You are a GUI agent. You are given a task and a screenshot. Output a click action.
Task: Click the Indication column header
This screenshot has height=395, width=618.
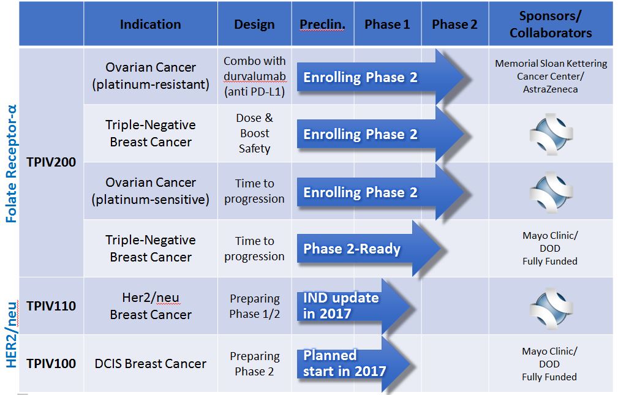150,24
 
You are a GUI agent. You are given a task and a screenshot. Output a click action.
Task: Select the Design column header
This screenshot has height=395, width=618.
254,24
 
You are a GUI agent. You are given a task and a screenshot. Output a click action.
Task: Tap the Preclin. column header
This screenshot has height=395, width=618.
322,24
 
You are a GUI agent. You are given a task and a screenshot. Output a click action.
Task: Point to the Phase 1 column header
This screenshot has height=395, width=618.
387,24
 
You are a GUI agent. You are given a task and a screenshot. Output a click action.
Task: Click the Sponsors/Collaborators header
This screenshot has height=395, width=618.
551,24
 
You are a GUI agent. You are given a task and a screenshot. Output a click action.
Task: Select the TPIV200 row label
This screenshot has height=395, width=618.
51,162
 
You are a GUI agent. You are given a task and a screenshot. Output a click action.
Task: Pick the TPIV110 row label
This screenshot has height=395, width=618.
51,306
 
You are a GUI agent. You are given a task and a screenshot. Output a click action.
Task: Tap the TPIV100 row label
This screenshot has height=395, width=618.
51,364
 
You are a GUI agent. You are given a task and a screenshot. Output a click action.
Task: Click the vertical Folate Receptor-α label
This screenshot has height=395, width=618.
12,164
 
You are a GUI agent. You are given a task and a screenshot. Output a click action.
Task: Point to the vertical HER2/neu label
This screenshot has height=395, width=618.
12,335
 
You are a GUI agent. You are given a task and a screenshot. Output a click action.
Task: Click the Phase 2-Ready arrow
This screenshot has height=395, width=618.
371,249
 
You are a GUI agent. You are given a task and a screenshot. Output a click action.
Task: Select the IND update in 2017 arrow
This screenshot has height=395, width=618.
355,306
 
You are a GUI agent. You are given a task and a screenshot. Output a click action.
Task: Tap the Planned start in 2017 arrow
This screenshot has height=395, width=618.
355,364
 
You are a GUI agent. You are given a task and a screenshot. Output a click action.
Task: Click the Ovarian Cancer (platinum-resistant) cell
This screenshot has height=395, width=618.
151,76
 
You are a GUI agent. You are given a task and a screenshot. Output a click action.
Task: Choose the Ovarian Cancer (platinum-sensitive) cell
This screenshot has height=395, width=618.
151,191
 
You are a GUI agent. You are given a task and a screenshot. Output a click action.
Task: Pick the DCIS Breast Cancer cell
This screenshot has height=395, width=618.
151,364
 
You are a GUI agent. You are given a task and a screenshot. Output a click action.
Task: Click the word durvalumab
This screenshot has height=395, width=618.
255,76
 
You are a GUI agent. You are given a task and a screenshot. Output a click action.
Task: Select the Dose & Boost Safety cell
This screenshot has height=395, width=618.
255,134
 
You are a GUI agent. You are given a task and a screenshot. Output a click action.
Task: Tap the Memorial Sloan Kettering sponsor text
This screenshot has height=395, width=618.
551,76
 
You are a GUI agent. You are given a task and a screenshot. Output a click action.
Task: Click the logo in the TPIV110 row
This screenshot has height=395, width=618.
551,308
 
